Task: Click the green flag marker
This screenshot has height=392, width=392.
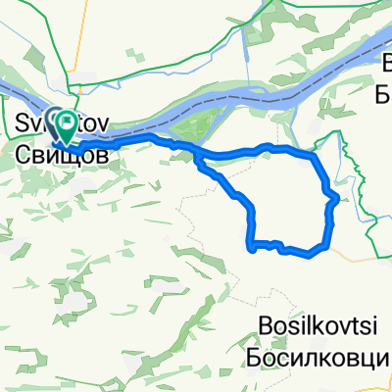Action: [68, 122]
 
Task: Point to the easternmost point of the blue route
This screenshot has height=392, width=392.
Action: [337, 199]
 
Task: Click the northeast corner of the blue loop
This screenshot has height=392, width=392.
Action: [312, 154]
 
